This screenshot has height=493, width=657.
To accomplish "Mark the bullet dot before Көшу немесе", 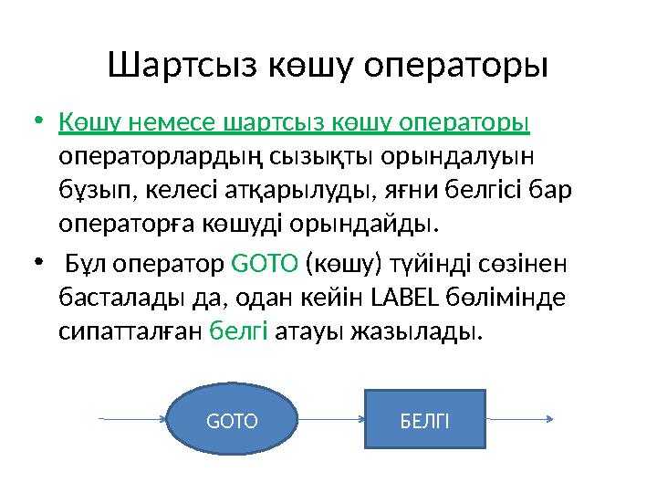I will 37,122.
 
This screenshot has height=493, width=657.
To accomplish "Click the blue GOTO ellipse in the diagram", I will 232,421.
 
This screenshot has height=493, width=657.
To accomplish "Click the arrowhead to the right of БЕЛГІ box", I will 550,420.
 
